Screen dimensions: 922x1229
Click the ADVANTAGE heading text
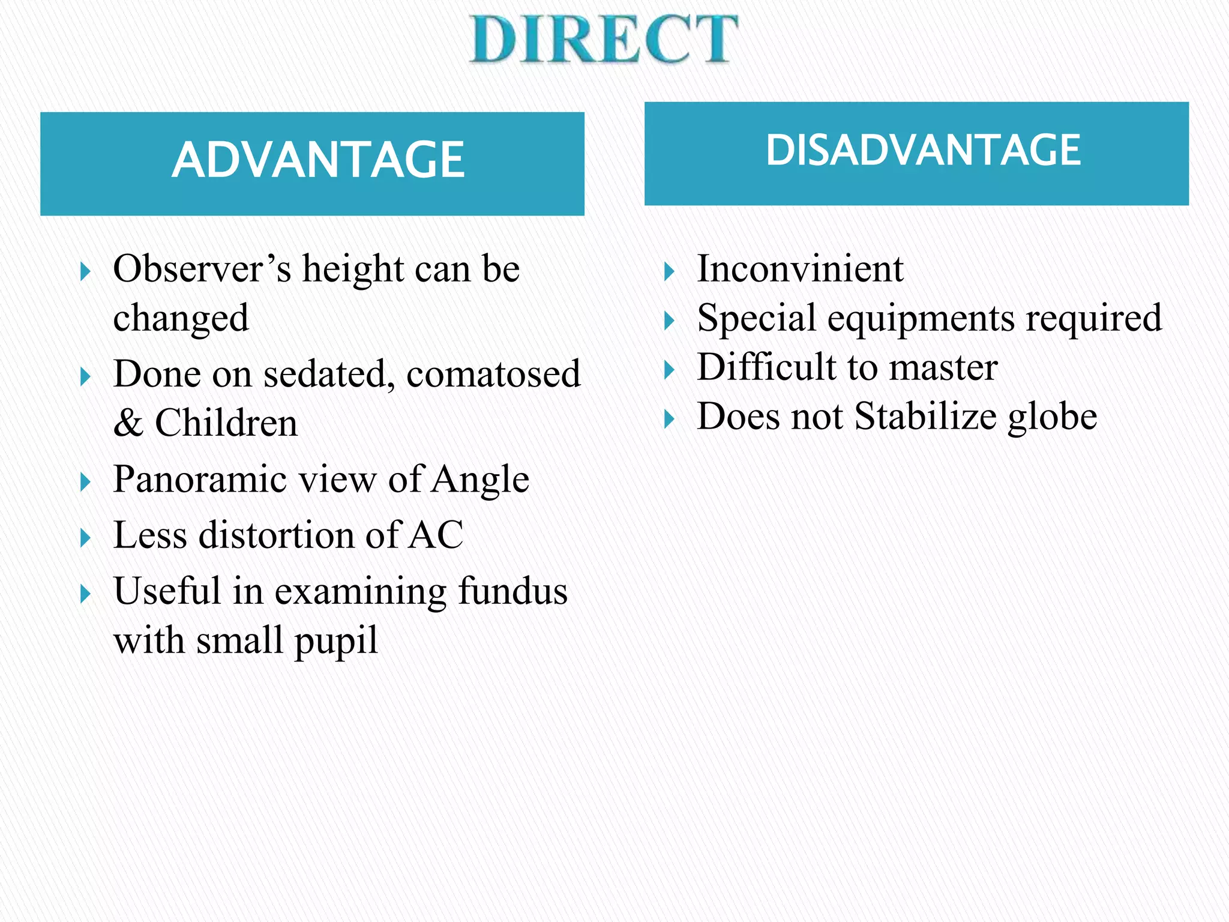318,160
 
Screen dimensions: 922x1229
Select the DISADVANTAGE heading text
923,150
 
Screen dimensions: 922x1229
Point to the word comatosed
493,374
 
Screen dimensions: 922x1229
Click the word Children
226,423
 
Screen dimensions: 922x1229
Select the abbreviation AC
436,535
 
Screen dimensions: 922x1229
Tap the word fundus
512,591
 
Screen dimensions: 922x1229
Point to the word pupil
336,641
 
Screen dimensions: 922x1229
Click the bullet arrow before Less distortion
85,537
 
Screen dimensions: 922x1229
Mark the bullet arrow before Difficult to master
669,370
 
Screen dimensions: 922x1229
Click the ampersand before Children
128,423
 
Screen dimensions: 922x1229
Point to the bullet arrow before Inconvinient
669,272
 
